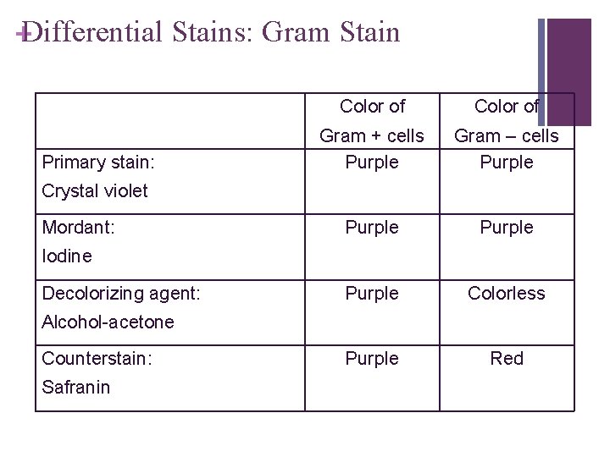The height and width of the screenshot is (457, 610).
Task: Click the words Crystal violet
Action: pos(95,191)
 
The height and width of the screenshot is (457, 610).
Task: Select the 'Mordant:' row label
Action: pos(79,228)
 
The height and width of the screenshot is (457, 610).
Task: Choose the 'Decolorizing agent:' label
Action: pos(121,294)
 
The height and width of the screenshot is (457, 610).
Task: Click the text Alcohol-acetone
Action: pos(108,322)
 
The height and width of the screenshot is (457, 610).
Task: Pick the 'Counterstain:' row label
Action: pos(97,359)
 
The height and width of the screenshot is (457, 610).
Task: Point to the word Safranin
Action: pos(76,387)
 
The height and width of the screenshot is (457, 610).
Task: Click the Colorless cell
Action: pos(507,294)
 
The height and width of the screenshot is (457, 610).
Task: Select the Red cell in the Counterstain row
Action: pos(507,359)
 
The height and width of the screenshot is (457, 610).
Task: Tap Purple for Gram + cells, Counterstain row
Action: pos(372,359)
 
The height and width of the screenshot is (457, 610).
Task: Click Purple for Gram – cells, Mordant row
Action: pos(507,228)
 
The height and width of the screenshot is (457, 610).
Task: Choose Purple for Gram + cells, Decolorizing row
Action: pos(372,294)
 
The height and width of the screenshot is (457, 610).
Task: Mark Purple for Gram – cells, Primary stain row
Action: pos(507,162)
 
